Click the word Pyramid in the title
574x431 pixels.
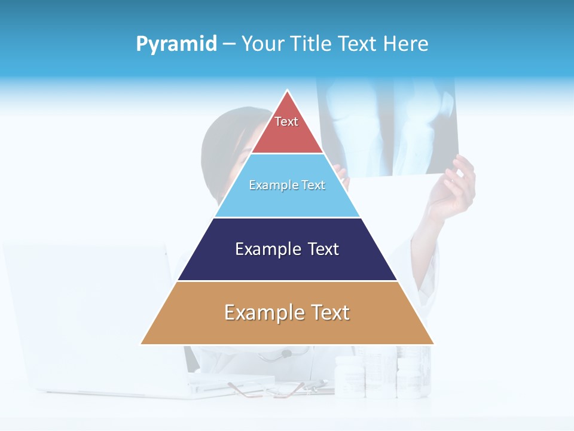click(x=176, y=44)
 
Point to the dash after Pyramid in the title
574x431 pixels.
click(x=229, y=44)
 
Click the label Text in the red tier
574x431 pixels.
click(x=286, y=122)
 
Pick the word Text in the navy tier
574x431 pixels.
click(x=323, y=249)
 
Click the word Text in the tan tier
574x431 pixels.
click(x=329, y=312)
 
